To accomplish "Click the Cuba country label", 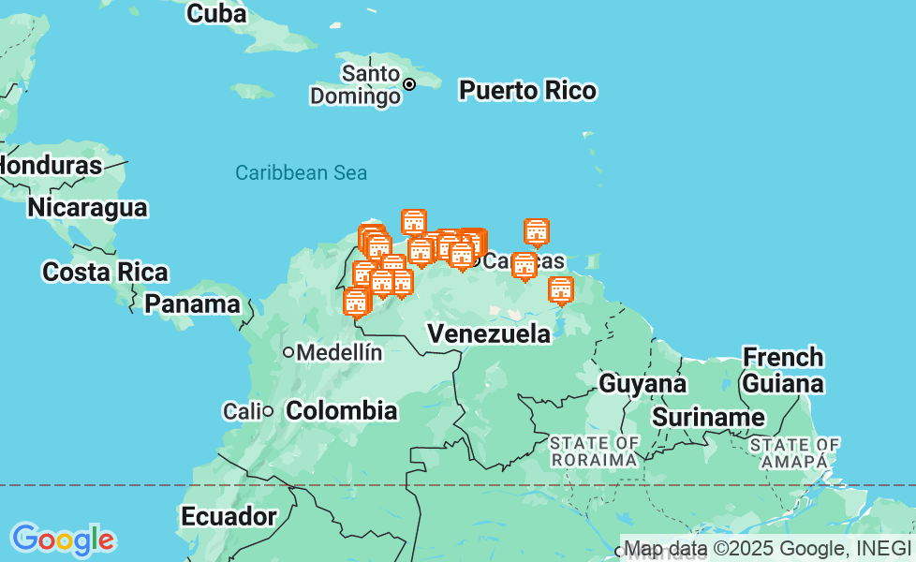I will pyautogui.click(x=216, y=14).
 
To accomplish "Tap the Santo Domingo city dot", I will pyautogui.click(x=409, y=84).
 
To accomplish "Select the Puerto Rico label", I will pyautogui.click(x=527, y=91).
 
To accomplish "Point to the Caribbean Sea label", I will pyautogui.click(x=301, y=172).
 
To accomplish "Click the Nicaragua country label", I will pyautogui.click(x=87, y=207).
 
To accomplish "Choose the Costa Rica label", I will pyautogui.click(x=105, y=273).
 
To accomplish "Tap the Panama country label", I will pyautogui.click(x=192, y=304).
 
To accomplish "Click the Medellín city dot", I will pyautogui.click(x=289, y=353).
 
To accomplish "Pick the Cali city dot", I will pyautogui.click(x=268, y=411).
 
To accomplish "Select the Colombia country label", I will pyautogui.click(x=341, y=410).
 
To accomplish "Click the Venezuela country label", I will pyautogui.click(x=489, y=333).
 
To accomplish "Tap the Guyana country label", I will pyautogui.click(x=643, y=383).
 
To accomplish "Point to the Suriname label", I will pyautogui.click(x=708, y=417).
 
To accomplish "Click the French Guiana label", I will pyautogui.click(x=783, y=370).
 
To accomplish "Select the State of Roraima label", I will pyautogui.click(x=595, y=451).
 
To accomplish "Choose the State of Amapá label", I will pyautogui.click(x=794, y=452).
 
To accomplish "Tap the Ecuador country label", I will pyautogui.click(x=229, y=516).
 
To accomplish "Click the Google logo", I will pyautogui.click(x=63, y=540).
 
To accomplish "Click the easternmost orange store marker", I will pyautogui.click(x=561, y=290).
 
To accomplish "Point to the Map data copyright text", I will pyautogui.click(x=766, y=549).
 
